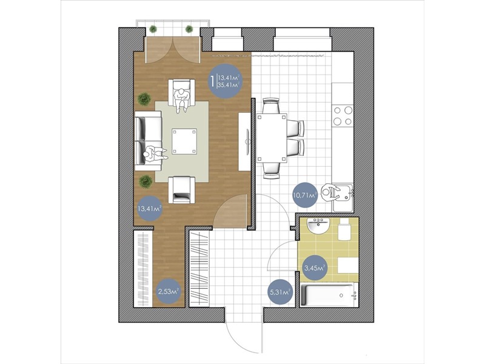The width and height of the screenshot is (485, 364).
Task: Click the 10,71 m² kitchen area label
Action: coord(305,195)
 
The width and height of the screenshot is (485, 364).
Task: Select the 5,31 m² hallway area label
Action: coord(280,292)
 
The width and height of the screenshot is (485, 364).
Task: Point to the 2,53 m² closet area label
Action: coord(169,291)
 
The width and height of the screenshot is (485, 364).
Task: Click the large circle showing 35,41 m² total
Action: coord(225,81)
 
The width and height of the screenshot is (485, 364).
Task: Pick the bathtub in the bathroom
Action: coord(329,295)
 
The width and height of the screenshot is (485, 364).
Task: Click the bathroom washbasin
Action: coord(319,226)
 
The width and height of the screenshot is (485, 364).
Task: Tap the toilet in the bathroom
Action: coord(344,229)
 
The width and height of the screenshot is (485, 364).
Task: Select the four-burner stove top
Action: coord(343,115)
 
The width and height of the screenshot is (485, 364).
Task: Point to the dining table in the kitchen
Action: coord(272,138)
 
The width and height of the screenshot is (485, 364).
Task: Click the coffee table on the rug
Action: coord(185,141)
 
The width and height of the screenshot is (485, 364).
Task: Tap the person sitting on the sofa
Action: coord(155,154)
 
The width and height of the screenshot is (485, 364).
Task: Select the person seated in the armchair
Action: coord(181,100)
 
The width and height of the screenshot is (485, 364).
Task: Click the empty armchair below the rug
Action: coord(181,189)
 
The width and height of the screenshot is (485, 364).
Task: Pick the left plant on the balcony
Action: coord(153,29)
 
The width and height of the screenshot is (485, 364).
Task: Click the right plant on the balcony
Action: coord(189,29)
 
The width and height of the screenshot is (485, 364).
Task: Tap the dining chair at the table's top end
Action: coord(271,106)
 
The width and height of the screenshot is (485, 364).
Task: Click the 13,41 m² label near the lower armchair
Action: coord(150,209)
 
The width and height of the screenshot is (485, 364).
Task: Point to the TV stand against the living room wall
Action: coord(244,141)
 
